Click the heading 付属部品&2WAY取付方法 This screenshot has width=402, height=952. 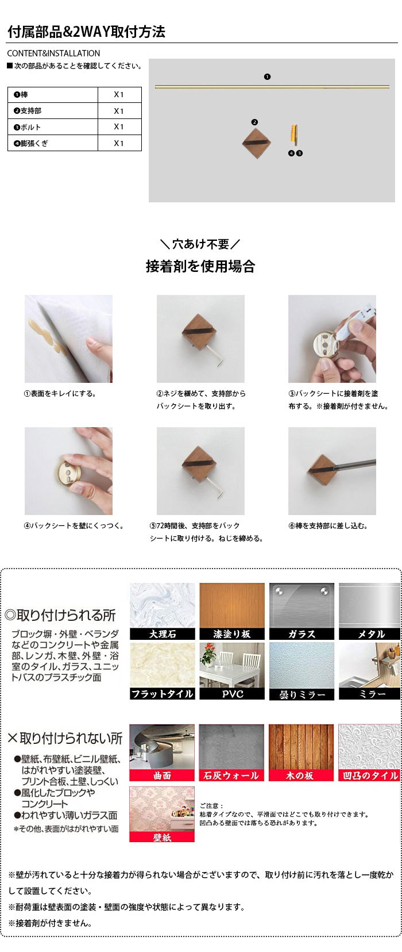coord(86,32)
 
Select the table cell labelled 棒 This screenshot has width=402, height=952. coord(53,94)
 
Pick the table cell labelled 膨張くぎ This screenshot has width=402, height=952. coord(53,143)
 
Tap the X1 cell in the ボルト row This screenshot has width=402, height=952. coord(119,126)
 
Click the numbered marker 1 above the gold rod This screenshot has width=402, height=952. coord(267,77)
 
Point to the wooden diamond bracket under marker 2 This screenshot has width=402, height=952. coord(257,143)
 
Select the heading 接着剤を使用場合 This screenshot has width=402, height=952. coord(200,267)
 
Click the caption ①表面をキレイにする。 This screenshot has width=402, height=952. coord(60,394)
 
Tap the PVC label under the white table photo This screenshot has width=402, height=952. coord(232,694)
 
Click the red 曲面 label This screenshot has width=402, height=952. coord(162,776)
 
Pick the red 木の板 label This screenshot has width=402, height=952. coord(300,776)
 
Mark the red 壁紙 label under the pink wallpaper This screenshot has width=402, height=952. coord(162,837)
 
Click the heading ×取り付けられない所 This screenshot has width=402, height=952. coord(65,738)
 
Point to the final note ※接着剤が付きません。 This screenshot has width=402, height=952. coord(50,923)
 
